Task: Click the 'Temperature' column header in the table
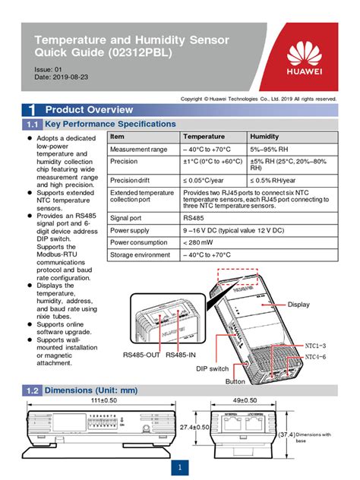pos(204,136)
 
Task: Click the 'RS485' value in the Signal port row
pos(194,216)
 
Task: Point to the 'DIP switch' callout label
pos(212,368)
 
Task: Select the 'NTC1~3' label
pos(315,346)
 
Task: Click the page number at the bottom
pos(180,466)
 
